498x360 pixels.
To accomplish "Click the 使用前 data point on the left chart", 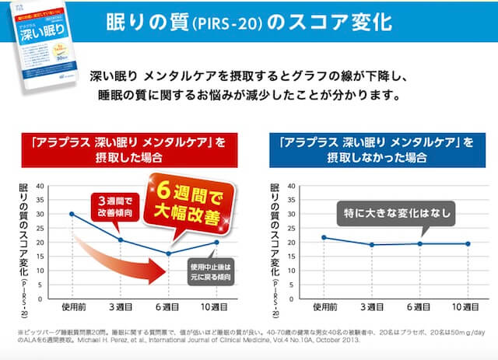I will click(x=72, y=214).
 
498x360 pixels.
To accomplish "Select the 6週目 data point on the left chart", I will click(x=169, y=253).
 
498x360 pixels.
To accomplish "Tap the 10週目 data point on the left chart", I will click(x=217, y=243).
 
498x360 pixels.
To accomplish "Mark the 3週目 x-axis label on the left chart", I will click(x=120, y=308).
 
